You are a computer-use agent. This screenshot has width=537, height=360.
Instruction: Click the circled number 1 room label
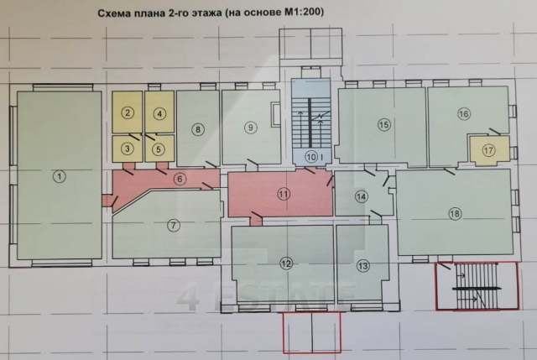point(58,176)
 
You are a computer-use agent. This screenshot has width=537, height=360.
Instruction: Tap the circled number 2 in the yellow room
point(128,112)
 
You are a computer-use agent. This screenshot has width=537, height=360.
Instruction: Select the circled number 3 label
point(128,149)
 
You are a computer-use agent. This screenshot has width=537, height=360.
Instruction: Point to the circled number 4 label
point(159,112)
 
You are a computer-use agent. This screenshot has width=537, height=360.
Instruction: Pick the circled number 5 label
point(159,149)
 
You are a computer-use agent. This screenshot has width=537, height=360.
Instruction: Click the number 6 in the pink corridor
point(180,178)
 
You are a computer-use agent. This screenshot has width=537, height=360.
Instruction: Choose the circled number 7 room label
point(173,224)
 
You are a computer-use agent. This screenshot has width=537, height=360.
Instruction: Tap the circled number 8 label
point(198,129)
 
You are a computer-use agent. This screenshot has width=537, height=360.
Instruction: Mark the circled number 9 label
point(249,128)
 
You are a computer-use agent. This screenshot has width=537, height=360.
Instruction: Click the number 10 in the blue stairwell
point(310,156)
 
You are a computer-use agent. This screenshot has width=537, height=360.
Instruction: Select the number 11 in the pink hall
point(284,193)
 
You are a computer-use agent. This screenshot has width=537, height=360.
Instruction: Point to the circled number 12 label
point(286,264)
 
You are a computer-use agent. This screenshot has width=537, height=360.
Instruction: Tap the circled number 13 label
point(362,266)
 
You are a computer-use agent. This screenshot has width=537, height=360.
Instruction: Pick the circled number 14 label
point(361,197)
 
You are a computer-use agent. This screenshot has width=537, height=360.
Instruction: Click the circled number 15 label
point(384,125)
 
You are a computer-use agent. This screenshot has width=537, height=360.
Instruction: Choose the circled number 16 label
point(464,113)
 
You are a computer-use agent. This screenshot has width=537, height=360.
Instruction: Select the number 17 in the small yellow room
point(488,149)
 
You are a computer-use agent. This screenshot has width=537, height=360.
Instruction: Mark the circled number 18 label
point(455,214)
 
